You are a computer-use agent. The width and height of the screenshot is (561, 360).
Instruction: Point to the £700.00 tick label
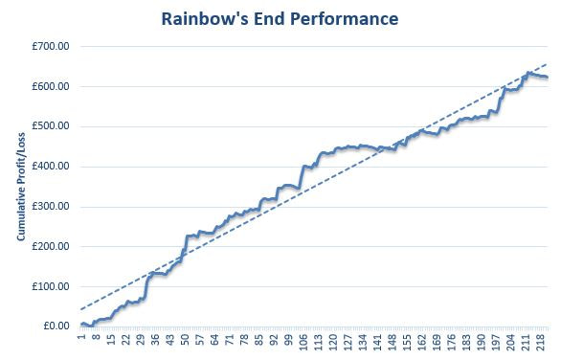coord(52,46)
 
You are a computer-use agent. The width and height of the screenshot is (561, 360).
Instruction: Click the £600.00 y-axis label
coord(52,86)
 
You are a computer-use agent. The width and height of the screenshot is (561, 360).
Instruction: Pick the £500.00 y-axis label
coord(52,126)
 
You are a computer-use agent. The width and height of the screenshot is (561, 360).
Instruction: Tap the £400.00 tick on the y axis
coord(52,167)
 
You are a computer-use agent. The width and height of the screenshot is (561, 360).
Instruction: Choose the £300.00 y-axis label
coord(52,206)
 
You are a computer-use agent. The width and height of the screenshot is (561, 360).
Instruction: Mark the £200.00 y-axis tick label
coord(52,246)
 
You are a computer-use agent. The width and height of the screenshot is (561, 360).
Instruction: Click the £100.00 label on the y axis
coord(52,286)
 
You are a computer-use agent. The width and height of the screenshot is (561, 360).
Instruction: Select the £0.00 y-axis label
coord(56,326)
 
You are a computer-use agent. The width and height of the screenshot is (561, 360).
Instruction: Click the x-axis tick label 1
coord(82,337)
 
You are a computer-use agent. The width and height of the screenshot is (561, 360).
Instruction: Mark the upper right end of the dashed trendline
coord(547,64)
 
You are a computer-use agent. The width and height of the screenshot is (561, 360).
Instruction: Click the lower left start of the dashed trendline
coord(81,309)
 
